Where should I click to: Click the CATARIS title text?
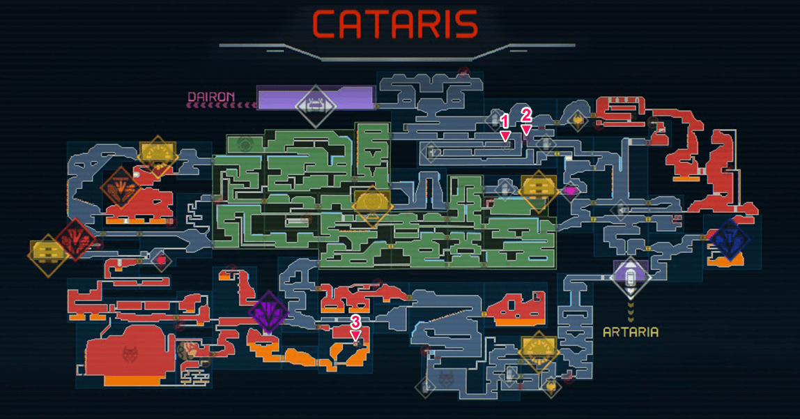[x=395, y=24]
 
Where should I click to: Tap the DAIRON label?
[x=211, y=96]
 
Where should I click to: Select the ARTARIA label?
[x=631, y=333]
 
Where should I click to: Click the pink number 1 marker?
[x=505, y=121]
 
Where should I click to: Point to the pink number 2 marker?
[x=526, y=115]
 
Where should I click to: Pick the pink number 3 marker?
[x=355, y=321]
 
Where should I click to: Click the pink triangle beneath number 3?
[x=355, y=335]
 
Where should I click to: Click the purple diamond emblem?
[x=268, y=312]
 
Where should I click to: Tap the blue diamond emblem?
[x=730, y=240]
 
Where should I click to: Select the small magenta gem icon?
[x=570, y=192]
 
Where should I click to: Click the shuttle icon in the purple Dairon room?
[x=315, y=106]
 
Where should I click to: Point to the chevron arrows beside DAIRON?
[x=220, y=105]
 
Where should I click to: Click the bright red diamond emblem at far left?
[x=76, y=240]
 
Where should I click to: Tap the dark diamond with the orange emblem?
[x=121, y=188]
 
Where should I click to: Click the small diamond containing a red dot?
[x=161, y=261]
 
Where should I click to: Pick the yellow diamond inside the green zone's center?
[x=372, y=206]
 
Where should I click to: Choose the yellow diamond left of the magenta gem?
[x=538, y=192]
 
